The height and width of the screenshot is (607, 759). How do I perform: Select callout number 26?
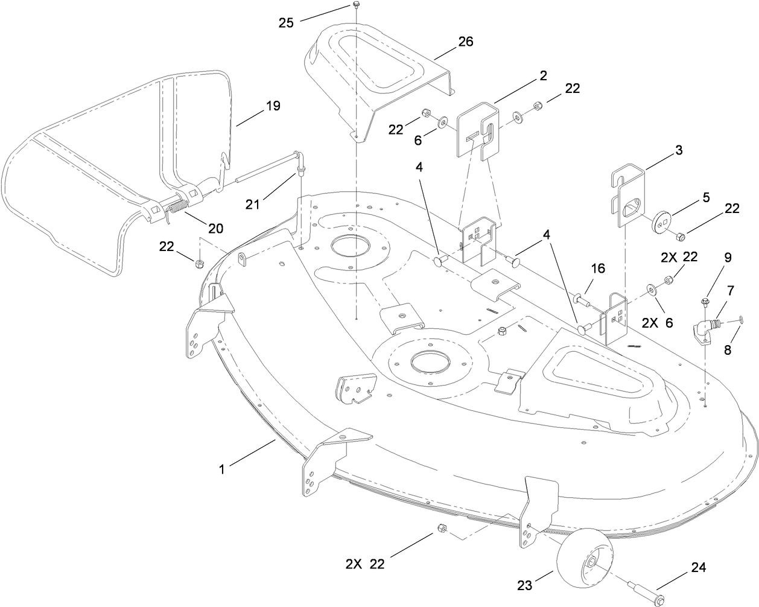pos(465,42)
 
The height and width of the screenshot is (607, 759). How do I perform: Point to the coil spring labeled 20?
pos(176,207)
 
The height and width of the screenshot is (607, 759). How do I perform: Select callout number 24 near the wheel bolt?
pos(698,567)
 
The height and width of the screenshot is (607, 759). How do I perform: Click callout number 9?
pos(728,257)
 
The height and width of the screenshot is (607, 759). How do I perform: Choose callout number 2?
pos(543,75)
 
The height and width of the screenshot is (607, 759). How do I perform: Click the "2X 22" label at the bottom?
pos(364,564)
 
